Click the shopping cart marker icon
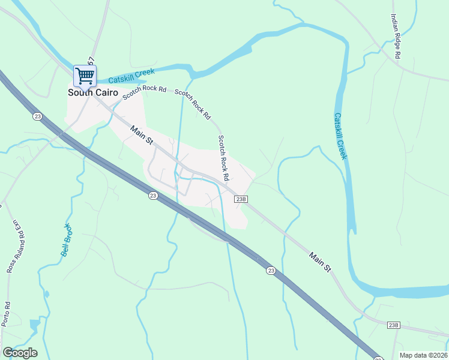(x=85, y=76)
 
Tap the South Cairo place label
(x=92, y=92)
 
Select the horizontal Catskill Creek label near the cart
(x=131, y=76)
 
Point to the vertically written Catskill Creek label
(x=340, y=136)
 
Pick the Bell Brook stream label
(x=67, y=240)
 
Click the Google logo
(x=20, y=353)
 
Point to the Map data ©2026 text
(x=423, y=355)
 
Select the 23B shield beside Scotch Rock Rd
(x=241, y=199)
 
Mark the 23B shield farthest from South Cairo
(x=393, y=325)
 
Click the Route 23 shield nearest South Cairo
(x=37, y=116)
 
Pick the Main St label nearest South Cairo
(x=142, y=134)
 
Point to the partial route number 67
(x=91, y=61)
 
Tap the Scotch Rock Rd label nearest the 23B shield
(x=223, y=158)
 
